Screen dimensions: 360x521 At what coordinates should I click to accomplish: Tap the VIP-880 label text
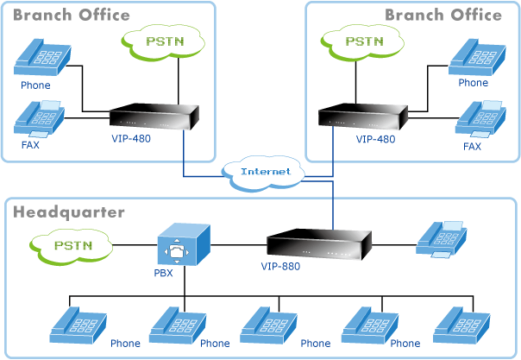pos(280,266)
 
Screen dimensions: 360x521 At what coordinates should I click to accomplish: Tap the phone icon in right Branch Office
pos(474,57)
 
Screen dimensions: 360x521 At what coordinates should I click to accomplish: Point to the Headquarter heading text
pos(69,212)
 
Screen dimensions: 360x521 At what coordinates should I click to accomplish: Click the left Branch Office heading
pos(72,15)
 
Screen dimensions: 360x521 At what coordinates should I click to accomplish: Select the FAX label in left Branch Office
pos(30,145)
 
